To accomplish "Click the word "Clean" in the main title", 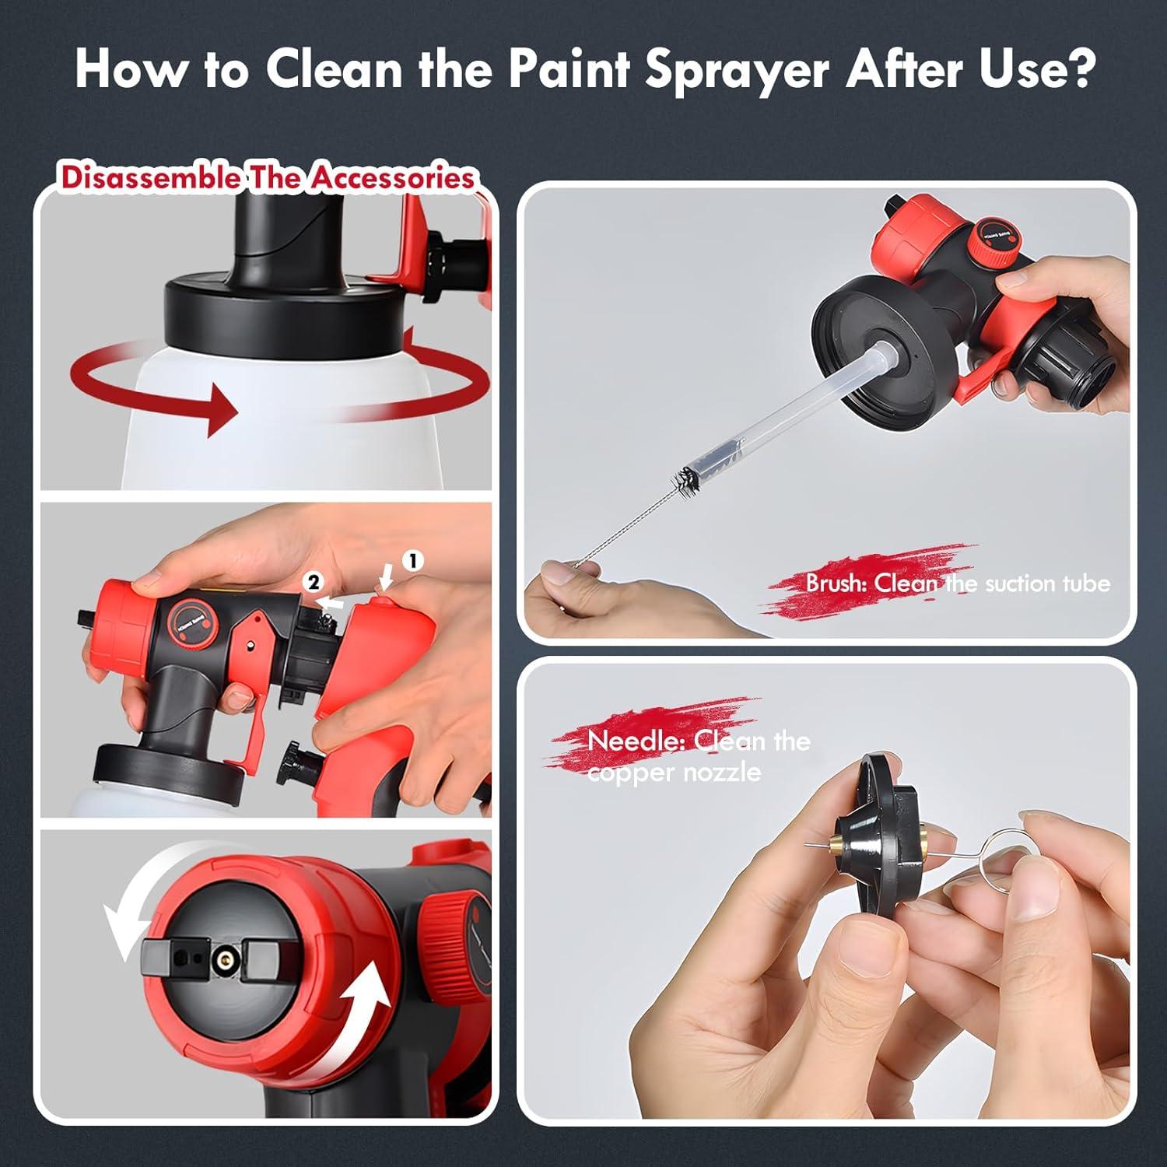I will [334, 69].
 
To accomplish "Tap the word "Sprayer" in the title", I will [737, 70].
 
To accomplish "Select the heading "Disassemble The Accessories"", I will [267, 177].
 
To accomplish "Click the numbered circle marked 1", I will [412, 560].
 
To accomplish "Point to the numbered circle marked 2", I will [313, 582].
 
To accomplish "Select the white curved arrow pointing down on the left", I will [124, 926].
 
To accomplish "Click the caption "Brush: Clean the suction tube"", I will [957, 583].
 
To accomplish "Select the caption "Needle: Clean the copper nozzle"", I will [685, 755].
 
